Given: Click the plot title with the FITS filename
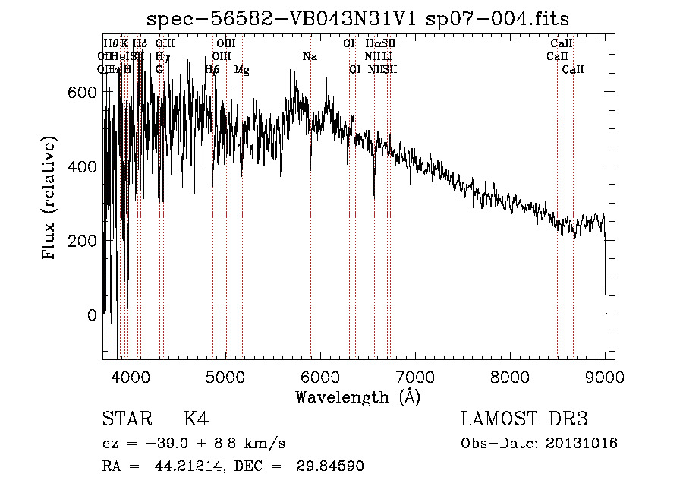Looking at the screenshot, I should [x=359, y=18].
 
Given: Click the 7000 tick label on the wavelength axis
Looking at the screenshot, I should [x=415, y=376].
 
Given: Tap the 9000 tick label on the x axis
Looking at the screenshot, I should [x=605, y=376].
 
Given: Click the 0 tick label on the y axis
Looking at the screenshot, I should [x=93, y=314].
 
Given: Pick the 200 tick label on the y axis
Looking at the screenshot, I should [x=84, y=240].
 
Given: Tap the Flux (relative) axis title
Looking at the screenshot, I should [x=50, y=200].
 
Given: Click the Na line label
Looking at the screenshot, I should [x=310, y=57].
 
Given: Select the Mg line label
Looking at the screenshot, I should [x=241, y=70].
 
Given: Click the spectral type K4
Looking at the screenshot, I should [x=196, y=419].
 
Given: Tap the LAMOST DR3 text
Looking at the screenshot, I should [x=524, y=419].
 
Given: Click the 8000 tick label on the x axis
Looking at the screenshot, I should [x=510, y=376].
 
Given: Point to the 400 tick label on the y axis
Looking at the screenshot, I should [x=84, y=166].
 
